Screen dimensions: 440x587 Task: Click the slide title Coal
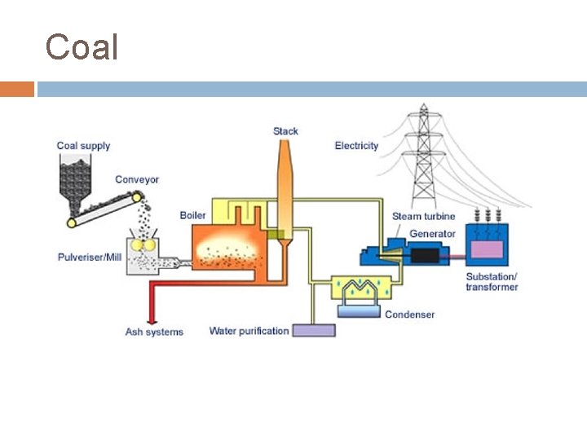pos(82,47)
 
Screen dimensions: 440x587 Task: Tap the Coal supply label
pos(83,146)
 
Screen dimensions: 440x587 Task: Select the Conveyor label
pos(137,179)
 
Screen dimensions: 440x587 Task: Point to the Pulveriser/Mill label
pos(91,257)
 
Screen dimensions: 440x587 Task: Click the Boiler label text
pos(192,215)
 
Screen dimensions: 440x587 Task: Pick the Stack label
pos(285,131)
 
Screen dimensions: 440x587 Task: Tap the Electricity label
pos(356,146)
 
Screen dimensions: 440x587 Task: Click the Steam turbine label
pos(423,216)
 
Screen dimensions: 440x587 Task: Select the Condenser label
pos(409,315)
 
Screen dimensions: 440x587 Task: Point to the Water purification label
pos(249,331)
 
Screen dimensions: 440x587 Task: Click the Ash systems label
pos(154,332)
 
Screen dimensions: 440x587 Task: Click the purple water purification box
pos(314,331)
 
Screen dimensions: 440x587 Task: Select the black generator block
pos(426,255)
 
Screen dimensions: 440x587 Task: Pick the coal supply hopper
pos(79,179)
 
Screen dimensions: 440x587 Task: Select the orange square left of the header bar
pos(16,89)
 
